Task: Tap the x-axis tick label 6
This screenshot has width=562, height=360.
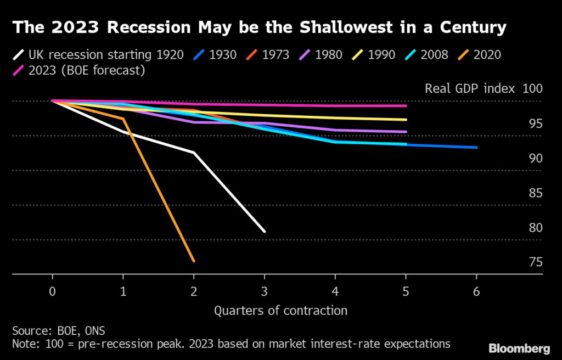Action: click(x=476, y=292)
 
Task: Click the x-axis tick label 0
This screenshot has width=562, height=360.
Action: click(x=52, y=292)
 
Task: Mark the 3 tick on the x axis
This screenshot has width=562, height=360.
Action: click(x=265, y=292)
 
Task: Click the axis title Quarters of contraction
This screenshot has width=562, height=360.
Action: click(x=280, y=311)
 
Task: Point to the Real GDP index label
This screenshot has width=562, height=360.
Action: click(x=469, y=89)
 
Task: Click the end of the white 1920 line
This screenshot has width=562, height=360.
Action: click(x=265, y=231)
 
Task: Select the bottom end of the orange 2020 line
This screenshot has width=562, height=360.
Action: click(x=194, y=261)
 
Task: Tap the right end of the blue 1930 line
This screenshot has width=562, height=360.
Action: click(x=476, y=147)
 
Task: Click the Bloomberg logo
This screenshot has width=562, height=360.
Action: click(x=519, y=348)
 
